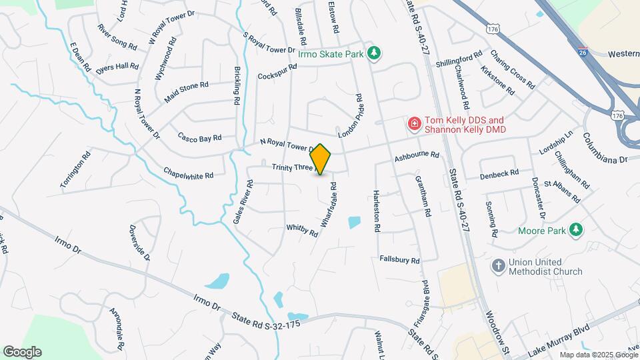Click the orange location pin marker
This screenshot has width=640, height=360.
tap(321, 159)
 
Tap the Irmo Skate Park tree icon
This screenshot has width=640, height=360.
tap(375, 54)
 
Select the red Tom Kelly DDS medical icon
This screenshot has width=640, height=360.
tap(414, 124)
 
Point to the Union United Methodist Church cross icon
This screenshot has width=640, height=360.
tap(497, 266)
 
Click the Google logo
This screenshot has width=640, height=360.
tap(22, 352)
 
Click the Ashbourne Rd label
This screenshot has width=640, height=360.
tap(417, 157)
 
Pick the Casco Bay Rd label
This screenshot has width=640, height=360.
tap(199, 138)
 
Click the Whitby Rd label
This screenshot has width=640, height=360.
tap(302, 230)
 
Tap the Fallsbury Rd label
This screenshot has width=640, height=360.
tap(399, 259)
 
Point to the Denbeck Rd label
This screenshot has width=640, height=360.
tap(500, 174)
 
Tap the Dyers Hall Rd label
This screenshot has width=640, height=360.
tap(117, 67)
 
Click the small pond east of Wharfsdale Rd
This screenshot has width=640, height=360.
tap(354, 222)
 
